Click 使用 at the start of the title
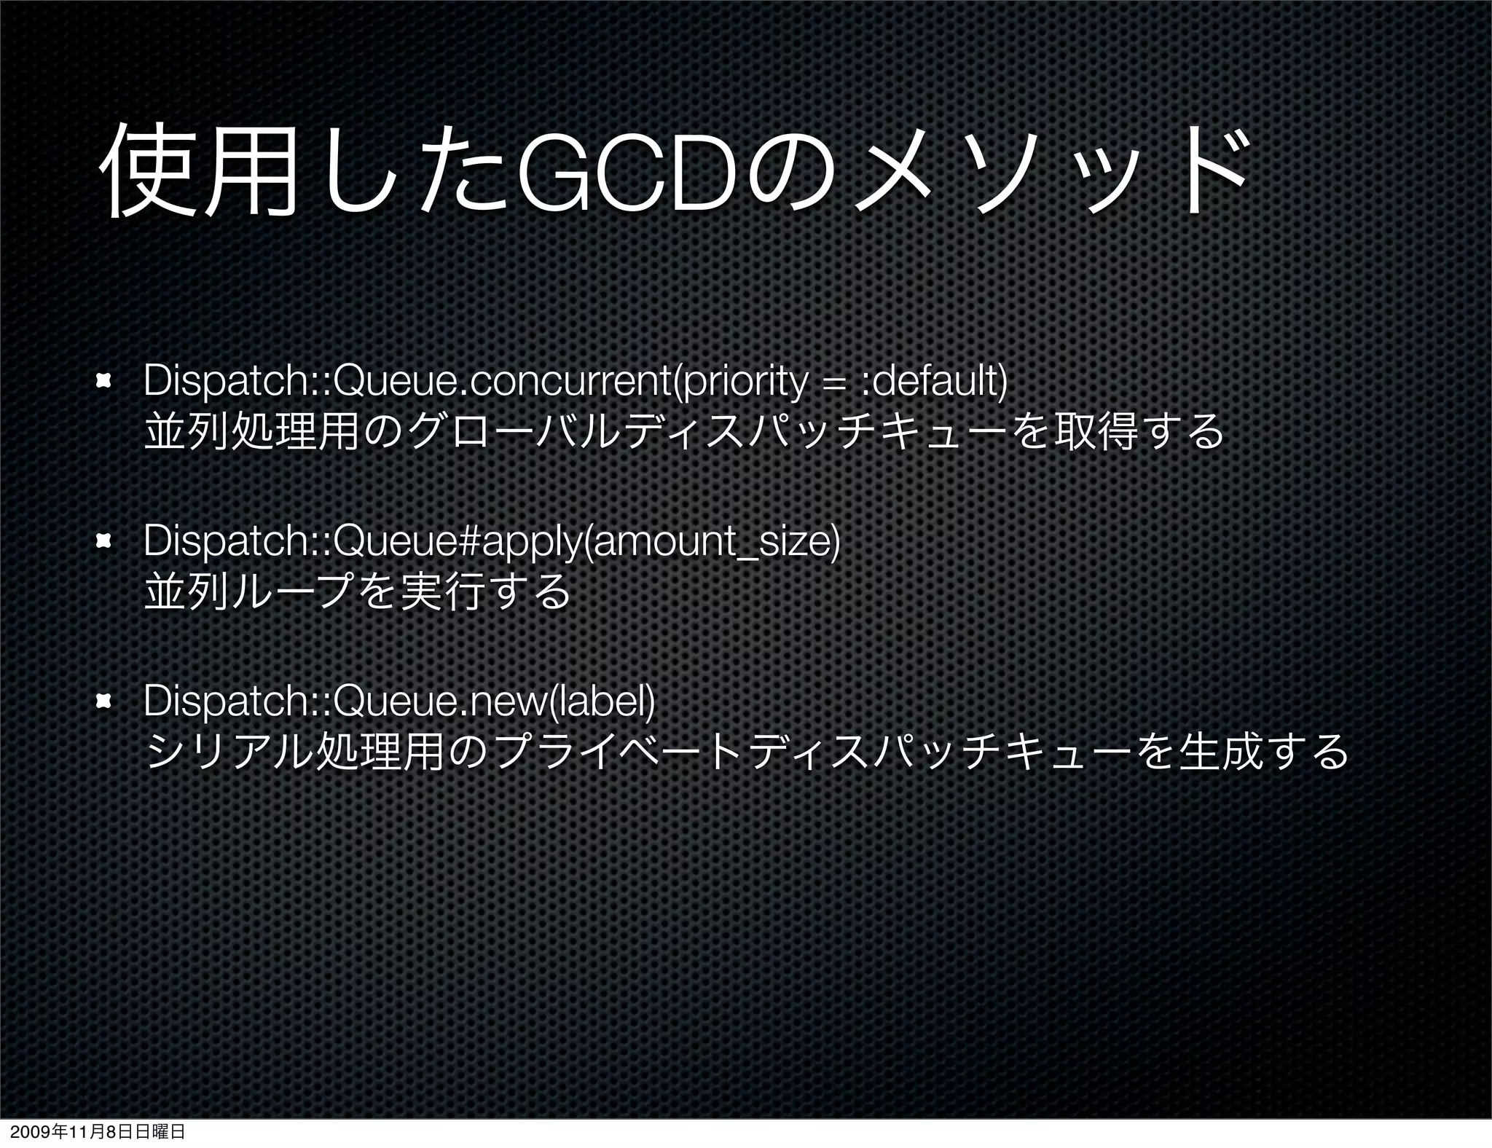[x=197, y=174]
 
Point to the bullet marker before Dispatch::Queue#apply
[x=103, y=541]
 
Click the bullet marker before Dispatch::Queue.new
[x=103, y=701]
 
